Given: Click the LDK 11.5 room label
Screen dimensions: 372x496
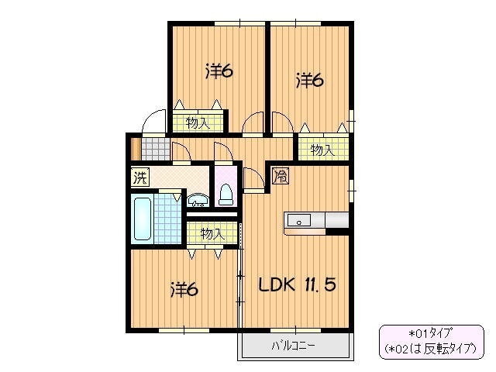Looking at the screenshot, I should tap(297, 284).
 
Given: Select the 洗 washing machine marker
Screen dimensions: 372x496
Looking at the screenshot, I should tap(139, 177).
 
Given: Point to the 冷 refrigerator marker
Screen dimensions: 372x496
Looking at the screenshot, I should tap(281, 177).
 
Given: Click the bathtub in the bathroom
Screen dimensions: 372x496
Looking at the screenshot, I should tap(143, 219).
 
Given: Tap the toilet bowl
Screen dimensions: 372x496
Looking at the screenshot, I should tap(227, 193).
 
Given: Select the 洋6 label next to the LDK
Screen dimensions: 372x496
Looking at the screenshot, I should tap(184, 290).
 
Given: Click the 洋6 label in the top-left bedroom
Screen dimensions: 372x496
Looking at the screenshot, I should tap(219, 72).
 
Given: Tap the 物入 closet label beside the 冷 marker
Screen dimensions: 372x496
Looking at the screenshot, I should tap(322, 150).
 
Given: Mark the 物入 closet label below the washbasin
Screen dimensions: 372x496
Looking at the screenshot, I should tap(212, 233).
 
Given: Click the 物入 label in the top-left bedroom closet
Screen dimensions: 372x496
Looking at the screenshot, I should tap(198, 122).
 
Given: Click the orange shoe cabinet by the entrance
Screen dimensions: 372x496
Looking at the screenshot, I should tap(136, 147).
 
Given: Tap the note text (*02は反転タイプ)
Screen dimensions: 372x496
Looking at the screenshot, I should tap(430, 350).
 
